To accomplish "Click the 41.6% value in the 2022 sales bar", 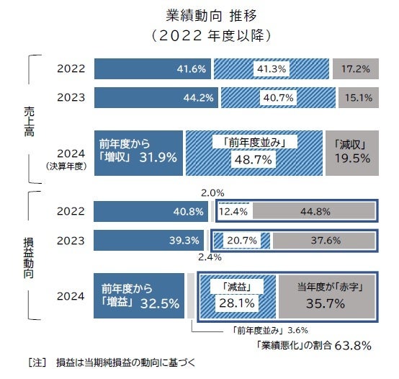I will coord(191,68).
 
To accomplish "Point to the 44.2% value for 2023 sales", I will coord(191,97).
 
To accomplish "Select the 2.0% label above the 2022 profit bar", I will coord(212,194).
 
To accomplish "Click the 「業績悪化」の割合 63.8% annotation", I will coord(313,345).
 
